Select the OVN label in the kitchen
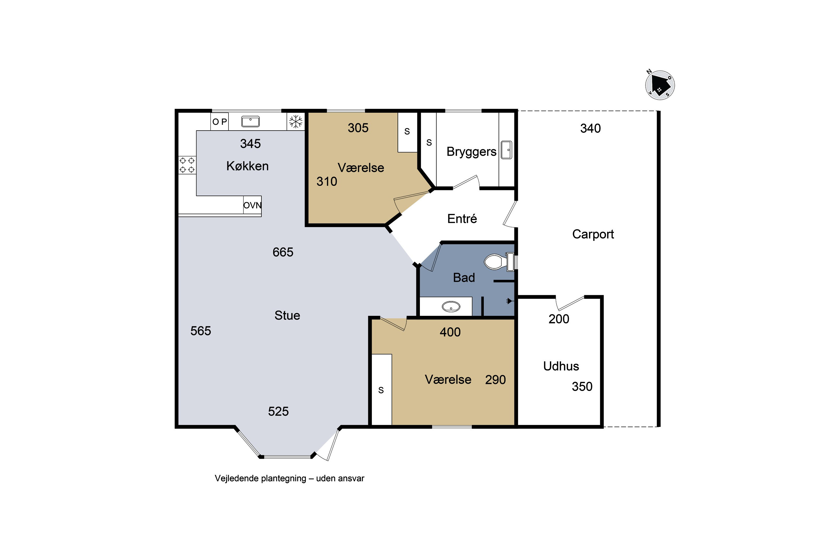click(252, 205)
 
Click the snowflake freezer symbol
click(296, 122)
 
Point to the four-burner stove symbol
click(187, 165)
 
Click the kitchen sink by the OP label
click(251, 121)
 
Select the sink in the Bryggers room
click(506, 150)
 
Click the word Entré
click(462, 218)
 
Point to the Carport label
click(593, 234)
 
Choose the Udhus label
click(561, 366)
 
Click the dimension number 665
click(283, 252)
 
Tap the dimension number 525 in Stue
click(278, 411)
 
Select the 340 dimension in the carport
click(590, 128)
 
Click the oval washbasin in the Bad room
click(451, 306)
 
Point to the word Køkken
click(247, 166)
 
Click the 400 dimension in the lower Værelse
click(450, 332)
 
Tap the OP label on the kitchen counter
click(220, 122)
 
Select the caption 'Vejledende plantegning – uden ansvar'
click(289, 478)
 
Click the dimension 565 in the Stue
click(201, 331)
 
